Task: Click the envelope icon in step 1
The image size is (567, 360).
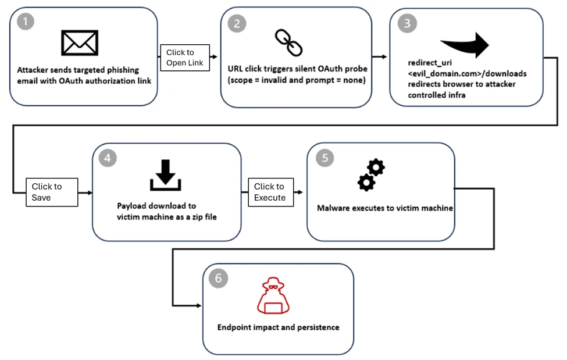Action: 80,43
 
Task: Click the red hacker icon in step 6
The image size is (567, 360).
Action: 273,297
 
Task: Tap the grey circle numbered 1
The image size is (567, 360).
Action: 26,22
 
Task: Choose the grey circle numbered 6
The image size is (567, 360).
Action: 218,279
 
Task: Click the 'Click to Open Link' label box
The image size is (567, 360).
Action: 184,57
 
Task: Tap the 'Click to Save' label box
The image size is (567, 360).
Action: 51,192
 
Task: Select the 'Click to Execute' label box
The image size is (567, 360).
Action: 270,192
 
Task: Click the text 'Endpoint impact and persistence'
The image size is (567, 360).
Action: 278,327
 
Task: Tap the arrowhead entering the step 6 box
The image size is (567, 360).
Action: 198,305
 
